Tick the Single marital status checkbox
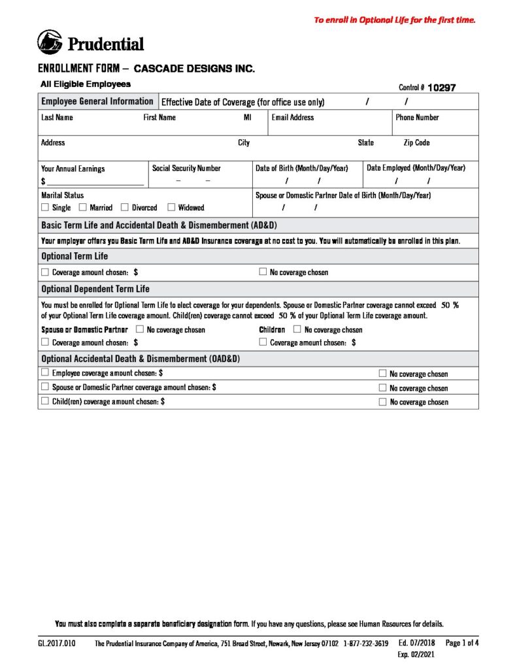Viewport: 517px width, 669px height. point(45,208)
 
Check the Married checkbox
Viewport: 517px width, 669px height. point(83,208)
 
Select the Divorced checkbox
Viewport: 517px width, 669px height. point(125,208)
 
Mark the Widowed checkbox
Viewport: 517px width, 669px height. point(171,208)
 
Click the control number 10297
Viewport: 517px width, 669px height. point(441,88)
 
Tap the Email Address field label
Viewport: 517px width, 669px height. point(292,118)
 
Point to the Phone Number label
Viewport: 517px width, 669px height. point(417,118)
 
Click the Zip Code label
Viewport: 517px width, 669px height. point(416,142)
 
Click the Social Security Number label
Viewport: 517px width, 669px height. point(186,168)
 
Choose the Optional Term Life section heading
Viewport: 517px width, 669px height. point(75,256)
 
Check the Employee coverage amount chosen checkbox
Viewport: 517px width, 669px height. point(45,372)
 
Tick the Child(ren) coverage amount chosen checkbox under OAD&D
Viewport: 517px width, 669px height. point(45,401)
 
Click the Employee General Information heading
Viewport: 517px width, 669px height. point(97,101)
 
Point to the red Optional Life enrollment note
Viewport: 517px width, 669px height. point(395,20)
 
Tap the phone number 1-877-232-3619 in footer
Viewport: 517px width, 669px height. point(365,644)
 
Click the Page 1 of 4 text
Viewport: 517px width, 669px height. point(462,643)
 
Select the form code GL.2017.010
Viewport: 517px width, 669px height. point(56,644)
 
